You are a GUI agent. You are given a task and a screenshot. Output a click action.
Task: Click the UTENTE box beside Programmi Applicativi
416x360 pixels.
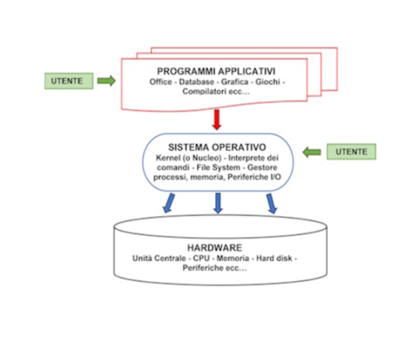pyautogui.click(x=69, y=81)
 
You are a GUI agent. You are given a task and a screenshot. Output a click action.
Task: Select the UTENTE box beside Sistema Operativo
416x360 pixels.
pyautogui.click(x=351, y=152)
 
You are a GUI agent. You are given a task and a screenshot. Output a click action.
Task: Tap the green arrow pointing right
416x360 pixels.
pyautogui.click(x=107, y=80)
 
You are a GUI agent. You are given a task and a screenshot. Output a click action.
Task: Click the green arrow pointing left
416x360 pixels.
pyautogui.click(x=312, y=152)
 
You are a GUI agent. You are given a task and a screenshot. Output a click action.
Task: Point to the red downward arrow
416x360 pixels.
pyautogui.click(x=217, y=120)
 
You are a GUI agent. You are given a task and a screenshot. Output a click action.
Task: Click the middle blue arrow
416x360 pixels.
pyautogui.click(x=218, y=203)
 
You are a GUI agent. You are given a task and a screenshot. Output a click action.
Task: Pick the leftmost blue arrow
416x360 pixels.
pyautogui.click(x=169, y=203)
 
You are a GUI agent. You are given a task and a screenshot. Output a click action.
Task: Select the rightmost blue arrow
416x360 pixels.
pyautogui.click(x=272, y=203)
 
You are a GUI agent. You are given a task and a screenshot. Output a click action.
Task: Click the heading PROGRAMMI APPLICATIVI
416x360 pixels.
pyautogui.click(x=216, y=72)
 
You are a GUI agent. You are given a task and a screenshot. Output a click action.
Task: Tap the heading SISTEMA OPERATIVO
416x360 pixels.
pyautogui.click(x=217, y=147)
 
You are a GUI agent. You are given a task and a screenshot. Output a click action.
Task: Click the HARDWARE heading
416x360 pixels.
pyautogui.click(x=215, y=248)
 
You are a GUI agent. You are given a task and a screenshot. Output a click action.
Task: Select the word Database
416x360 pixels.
pyautogui.click(x=196, y=82)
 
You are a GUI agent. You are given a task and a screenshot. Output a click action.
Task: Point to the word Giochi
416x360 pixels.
pyautogui.click(x=267, y=82)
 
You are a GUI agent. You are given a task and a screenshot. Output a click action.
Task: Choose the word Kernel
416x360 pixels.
pyautogui.click(x=167, y=158)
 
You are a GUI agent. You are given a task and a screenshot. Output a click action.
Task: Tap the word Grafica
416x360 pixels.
pyautogui.click(x=234, y=82)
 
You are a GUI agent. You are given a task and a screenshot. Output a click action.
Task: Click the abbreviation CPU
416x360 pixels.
pyautogui.click(x=201, y=258)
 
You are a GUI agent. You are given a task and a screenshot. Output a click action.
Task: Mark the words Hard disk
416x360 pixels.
pyautogui.click(x=274, y=258)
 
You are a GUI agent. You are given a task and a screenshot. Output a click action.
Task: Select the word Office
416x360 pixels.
pyautogui.click(x=160, y=82)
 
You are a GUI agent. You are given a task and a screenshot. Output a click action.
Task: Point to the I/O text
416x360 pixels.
pyautogui.click(x=276, y=177)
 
